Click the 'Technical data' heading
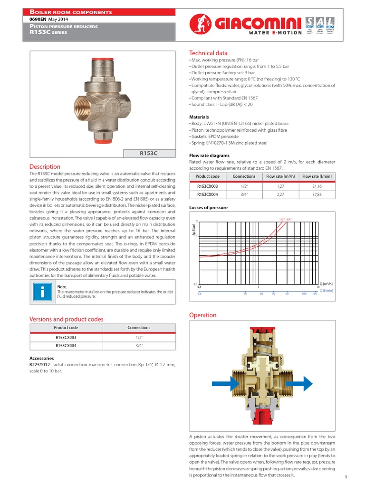pyautogui.click(x=208, y=53)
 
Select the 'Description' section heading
pyautogui.click(x=45, y=166)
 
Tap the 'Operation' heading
pyautogui.click(x=202, y=315)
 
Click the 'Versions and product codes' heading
pyautogui.click(x=67, y=319)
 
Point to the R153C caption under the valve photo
pyautogui.click(x=148, y=153)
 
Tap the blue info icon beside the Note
pyautogui.click(x=42, y=291)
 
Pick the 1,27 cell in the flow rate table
pyautogui.click(x=280, y=186)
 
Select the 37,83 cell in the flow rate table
pyautogui.click(x=317, y=195)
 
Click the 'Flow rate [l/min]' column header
pyautogui.click(x=317, y=176)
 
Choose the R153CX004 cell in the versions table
pyautogui.click(x=66, y=346)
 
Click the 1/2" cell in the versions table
pyautogui.click(x=139, y=337)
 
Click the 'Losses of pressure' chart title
pyautogui.click(x=208, y=207)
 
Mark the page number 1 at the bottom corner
pyautogui.click(x=346, y=477)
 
